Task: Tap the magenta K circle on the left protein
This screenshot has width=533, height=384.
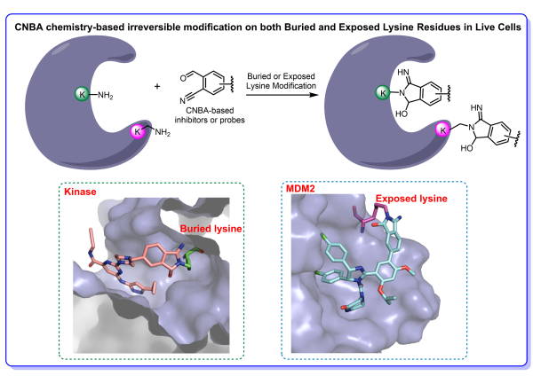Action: pos(138,132)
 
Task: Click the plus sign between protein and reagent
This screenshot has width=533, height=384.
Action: pos(158,87)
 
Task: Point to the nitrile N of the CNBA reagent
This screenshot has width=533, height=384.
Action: pos(187,109)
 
